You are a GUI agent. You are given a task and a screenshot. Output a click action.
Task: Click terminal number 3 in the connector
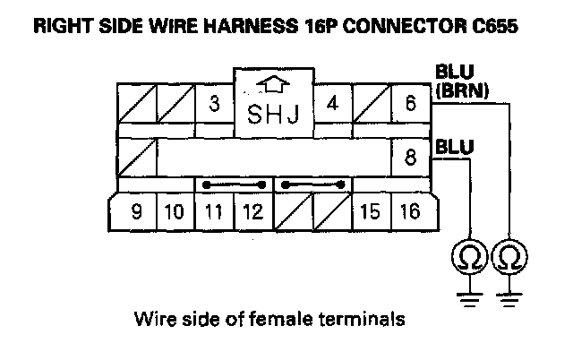pyautogui.click(x=214, y=103)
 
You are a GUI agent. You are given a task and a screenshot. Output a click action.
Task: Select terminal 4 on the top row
pyautogui.click(x=332, y=103)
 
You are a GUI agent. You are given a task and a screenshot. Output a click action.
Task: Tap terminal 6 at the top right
pyautogui.click(x=410, y=103)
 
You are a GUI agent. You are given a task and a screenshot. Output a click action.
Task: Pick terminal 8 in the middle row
pyautogui.click(x=410, y=158)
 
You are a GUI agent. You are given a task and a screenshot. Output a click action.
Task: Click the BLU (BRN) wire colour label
pyautogui.click(x=461, y=80)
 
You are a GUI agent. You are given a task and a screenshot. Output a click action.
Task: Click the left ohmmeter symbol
pyautogui.click(x=468, y=257)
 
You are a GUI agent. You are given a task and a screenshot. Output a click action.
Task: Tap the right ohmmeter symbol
pyautogui.click(x=510, y=257)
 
